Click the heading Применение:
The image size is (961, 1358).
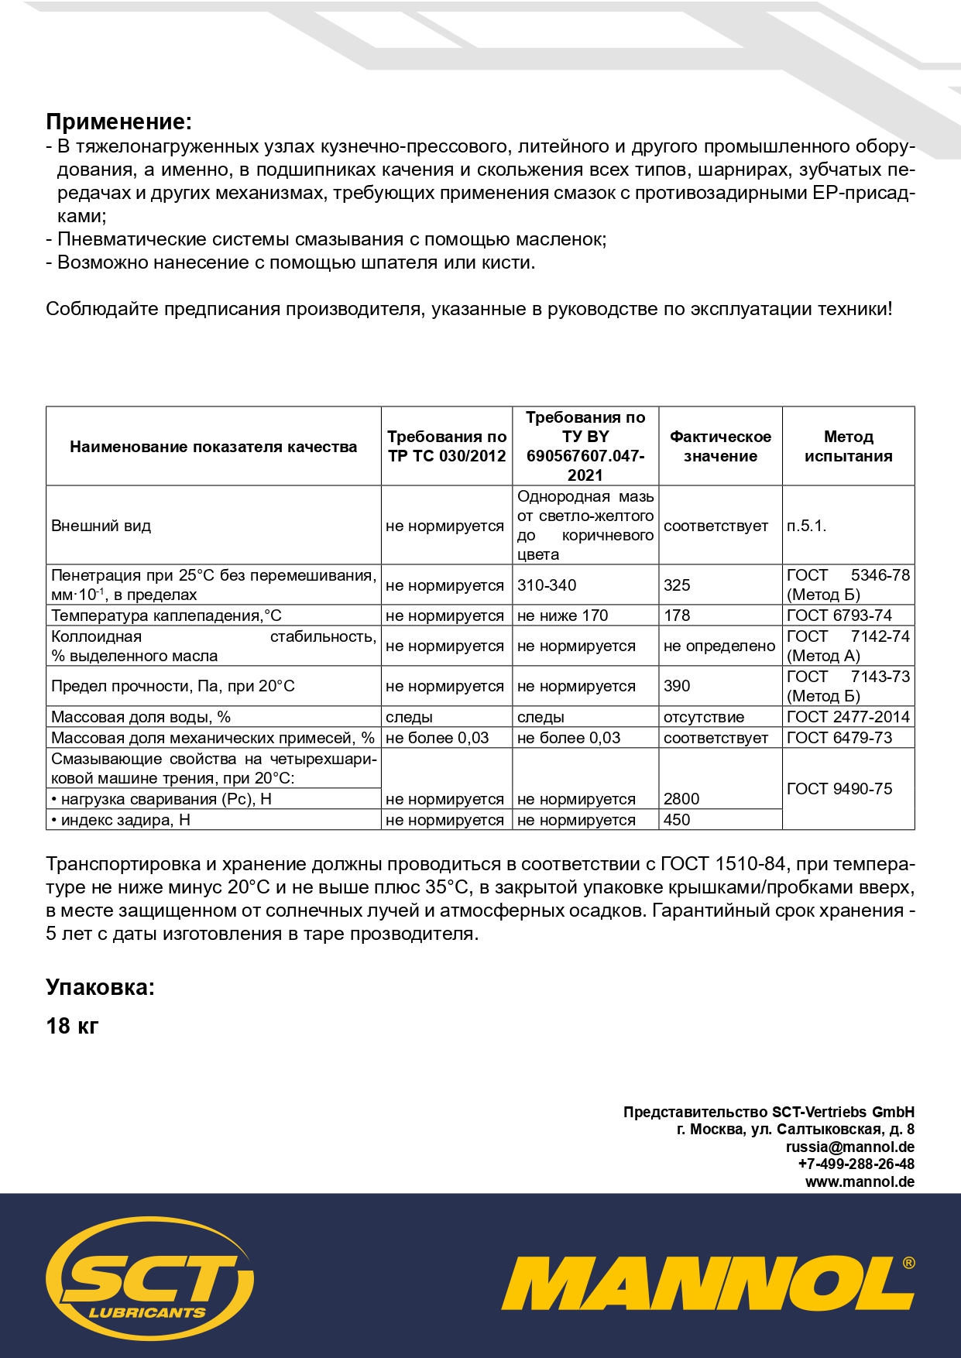(118, 122)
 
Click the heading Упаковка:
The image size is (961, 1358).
(100, 987)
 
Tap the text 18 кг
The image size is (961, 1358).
(72, 1026)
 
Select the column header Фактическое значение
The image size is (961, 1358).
(720, 447)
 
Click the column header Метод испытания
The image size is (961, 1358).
(848, 447)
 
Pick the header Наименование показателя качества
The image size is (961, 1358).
(213, 447)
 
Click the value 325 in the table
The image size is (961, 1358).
(677, 585)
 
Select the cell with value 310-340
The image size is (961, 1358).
(547, 585)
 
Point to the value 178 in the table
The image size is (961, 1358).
(677, 616)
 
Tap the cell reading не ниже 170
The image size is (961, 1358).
(562, 616)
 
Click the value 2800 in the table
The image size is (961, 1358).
(681, 799)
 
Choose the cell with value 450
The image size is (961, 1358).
(677, 820)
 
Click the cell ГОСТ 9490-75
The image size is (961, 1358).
(839, 789)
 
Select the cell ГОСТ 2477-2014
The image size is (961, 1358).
(848, 717)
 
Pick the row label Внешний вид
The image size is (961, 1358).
(101, 526)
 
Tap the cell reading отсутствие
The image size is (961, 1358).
(703, 717)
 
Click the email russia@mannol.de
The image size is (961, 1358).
(849, 1147)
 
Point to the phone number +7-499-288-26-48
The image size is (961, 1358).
(856, 1164)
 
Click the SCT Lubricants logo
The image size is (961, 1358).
(149, 1283)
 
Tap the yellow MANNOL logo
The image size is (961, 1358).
(708, 1283)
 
